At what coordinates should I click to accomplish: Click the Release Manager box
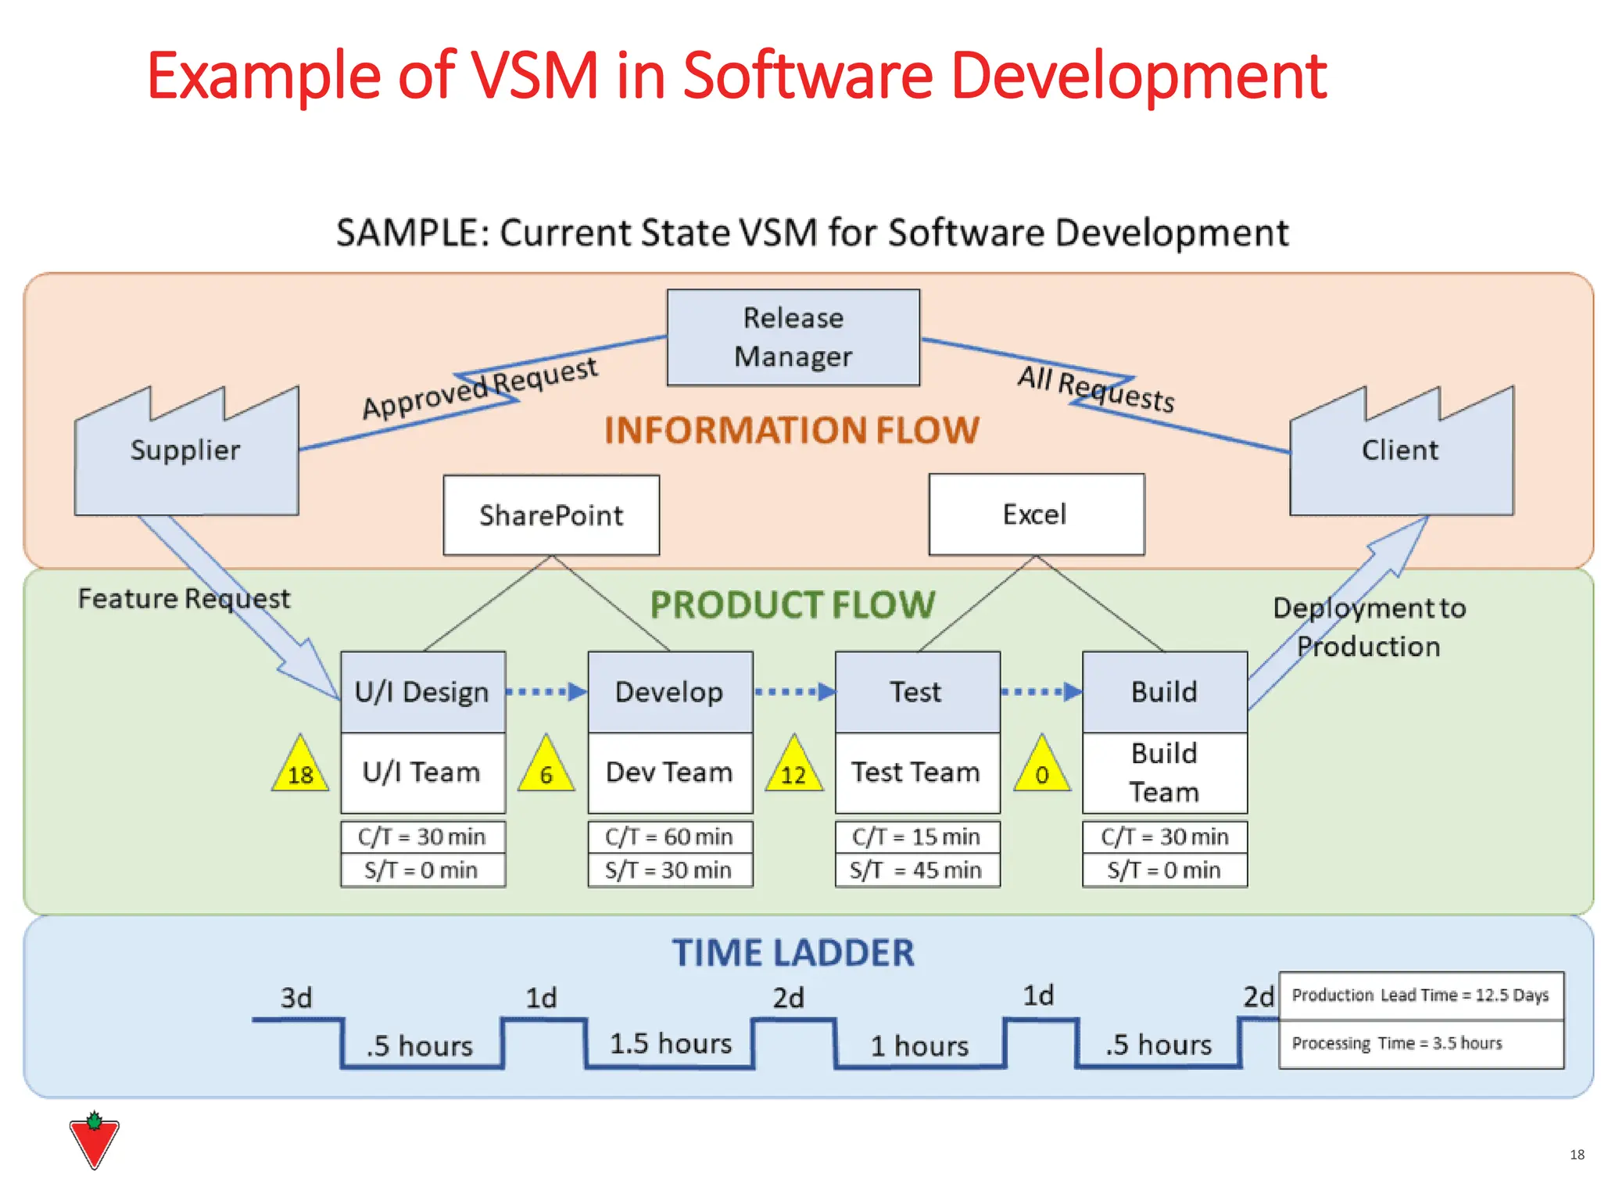pyautogui.click(x=793, y=338)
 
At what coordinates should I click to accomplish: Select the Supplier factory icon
pyautogui.click(x=186, y=461)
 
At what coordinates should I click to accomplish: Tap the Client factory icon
pyautogui.click(x=1401, y=461)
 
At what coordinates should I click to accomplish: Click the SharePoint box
pyautogui.click(x=551, y=515)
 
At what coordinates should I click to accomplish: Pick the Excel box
pyautogui.click(x=1036, y=514)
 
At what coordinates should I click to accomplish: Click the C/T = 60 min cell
pyautogui.click(x=670, y=837)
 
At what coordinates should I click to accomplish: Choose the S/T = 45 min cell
pyautogui.click(x=917, y=870)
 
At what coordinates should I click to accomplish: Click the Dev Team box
pyautogui.click(x=670, y=773)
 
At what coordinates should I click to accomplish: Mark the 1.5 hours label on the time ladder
pyautogui.click(x=671, y=1044)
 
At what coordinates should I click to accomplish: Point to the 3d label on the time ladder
pyautogui.click(x=296, y=998)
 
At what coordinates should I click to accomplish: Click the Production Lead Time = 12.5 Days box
pyautogui.click(x=1420, y=995)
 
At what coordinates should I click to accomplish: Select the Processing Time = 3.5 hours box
pyautogui.click(x=1420, y=1044)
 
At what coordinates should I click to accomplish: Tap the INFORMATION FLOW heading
pyautogui.click(x=791, y=430)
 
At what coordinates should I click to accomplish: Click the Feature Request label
pyautogui.click(x=184, y=599)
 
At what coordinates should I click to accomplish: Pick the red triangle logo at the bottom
pyautogui.click(x=94, y=1142)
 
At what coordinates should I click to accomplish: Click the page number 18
pyautogui.click(x=1577, y=1155)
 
